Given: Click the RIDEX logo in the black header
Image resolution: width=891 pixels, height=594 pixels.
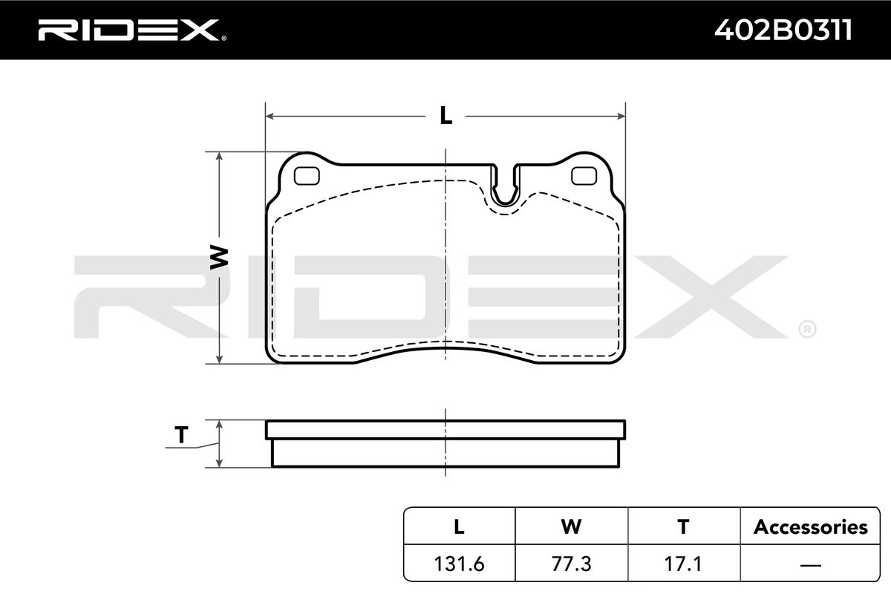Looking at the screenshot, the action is (x=132, y=30).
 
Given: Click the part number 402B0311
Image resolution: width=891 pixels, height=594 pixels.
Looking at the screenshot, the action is (x=783, y=30).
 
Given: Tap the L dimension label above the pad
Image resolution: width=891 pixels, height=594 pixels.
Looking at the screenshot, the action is (x=446, y=116).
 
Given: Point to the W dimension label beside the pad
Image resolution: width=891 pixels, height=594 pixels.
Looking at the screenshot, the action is (x=219, y=257).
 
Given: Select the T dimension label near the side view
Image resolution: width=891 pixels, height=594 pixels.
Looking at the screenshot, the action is (x=181, y=434).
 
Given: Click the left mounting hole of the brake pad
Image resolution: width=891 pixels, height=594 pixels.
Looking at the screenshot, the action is (x=307, y=176).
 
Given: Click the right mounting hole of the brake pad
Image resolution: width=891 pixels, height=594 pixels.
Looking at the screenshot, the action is (x=584, y=176).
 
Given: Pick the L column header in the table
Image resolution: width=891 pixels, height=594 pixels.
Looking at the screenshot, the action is (x=459, y=526).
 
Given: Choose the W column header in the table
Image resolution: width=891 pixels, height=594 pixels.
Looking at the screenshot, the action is (x=571, y=526).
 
